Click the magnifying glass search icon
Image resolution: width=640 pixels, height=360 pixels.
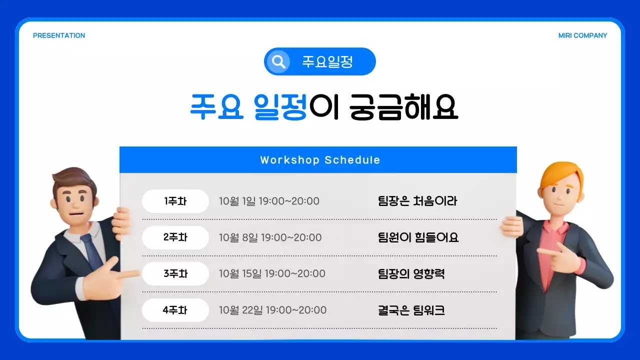[x=278, y=61]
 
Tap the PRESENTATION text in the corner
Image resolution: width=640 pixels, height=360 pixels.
[x=59, y=35]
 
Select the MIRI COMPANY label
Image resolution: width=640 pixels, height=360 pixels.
[x=582, y=35]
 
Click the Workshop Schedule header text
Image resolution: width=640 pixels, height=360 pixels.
[x=320, y=160]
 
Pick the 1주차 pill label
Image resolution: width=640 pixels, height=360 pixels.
[x=175, y=201]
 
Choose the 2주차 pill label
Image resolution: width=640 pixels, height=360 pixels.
[x=175, y=237]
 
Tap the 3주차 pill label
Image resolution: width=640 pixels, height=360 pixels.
[x=175, y=274]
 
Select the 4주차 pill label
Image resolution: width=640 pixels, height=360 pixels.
[x=175, y=310]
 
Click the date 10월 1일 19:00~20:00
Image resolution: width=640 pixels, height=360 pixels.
[x=269, y=201]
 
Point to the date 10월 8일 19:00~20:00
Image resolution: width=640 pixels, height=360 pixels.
[x=270, y=237]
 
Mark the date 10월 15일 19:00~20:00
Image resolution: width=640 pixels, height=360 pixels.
[x=272, y=274]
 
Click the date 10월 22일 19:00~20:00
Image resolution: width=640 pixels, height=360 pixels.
[x=272, y=310]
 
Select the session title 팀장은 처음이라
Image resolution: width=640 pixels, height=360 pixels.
[x=417, y=201]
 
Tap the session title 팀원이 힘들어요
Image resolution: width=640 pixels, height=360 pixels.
[x=418, y=237]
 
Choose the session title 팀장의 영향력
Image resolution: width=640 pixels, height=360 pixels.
[x=411, y=274]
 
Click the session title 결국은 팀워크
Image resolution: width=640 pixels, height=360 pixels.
[x=411, y=310]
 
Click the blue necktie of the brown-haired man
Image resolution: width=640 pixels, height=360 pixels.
[x=92, y=250]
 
